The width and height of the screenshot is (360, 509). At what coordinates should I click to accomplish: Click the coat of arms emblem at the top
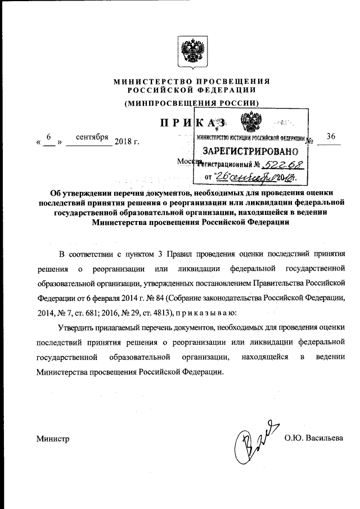coord(191,51)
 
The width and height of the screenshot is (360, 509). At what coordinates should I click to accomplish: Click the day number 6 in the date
coord(49,137)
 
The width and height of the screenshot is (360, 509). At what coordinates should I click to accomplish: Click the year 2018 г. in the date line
coord(127,141)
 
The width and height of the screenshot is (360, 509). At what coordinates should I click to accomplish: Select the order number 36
coord(330,137)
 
